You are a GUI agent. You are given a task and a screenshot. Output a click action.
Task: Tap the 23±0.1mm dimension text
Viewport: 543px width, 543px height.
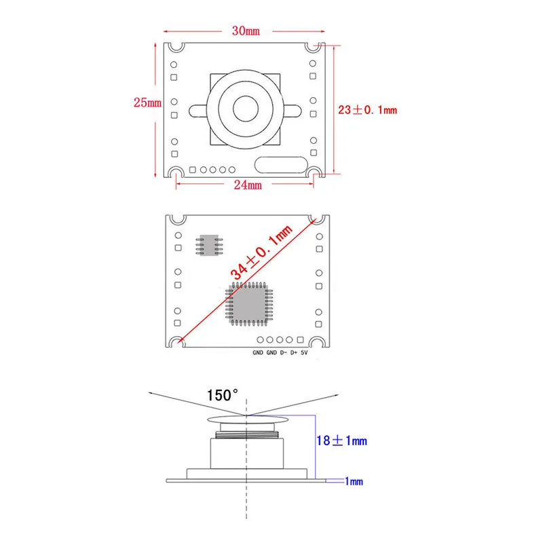(367, 109)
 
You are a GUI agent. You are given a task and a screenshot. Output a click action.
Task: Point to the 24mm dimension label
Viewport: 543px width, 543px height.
(248, 185)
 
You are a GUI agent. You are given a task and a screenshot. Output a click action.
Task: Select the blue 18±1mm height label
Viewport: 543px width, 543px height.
(341, 441)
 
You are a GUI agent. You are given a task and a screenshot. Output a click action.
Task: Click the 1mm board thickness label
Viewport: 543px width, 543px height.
(355, 481)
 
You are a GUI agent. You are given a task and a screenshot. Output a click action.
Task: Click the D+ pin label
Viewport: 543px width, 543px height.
(293, 353)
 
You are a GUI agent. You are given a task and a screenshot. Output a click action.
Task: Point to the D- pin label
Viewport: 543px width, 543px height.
(282, 353)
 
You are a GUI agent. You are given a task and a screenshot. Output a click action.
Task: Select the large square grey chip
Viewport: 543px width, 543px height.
(248, 303)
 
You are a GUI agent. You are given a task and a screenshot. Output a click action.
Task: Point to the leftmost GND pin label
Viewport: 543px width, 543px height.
(258, 353)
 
